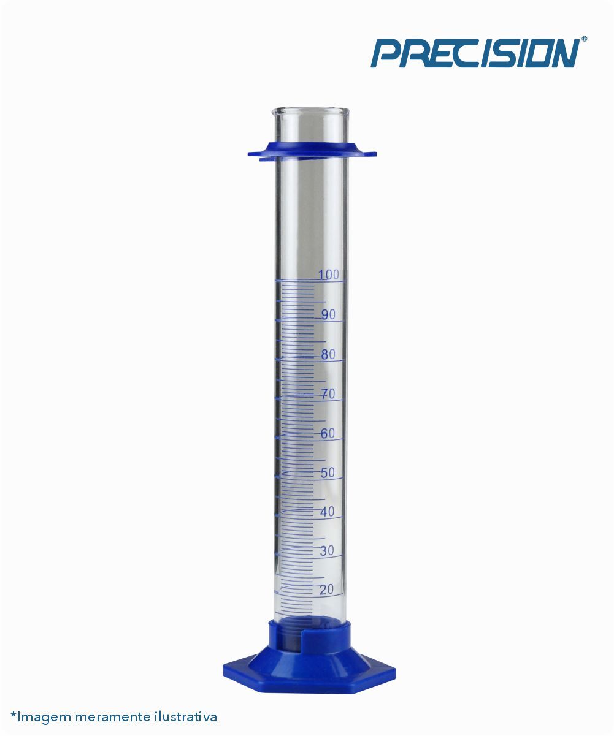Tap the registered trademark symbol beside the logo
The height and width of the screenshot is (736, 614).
pyautogui.click(x=583, y=39)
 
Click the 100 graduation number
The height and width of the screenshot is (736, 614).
pyautogui.click(x=329, y=275)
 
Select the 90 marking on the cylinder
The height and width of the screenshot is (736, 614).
pyautogui.click(x=328, y=314)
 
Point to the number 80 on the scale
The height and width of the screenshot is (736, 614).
pyautogui.click(x=328, y=354)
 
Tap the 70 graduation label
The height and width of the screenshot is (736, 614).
pyautogui.click(x=328, y=393)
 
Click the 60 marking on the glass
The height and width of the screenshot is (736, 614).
pyautogui.click(x=328, y=433)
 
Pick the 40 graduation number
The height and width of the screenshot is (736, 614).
pyautogui.click(x=328, y=512)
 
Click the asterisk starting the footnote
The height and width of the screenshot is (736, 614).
pyautogui.click(x=13, y=715)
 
